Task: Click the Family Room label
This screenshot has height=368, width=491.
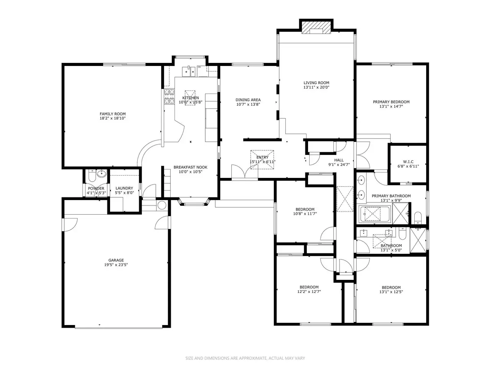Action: [x=112, y=114]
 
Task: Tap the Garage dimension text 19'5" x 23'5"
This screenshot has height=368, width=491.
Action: [x=116, y=265]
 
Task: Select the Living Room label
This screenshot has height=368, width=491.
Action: [x=316, y=83]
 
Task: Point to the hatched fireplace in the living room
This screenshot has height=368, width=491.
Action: [x=316, y=27]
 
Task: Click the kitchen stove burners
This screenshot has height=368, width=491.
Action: [x=169, y=96]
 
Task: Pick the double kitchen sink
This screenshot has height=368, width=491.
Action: [x=189, y=71]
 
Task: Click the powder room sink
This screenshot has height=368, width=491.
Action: [x=102, y=173]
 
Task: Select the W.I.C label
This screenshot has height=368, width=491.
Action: [x=408, y=161]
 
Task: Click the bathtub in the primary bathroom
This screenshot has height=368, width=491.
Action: [x=374, y=214]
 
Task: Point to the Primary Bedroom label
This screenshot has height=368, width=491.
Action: [x=391, y=102]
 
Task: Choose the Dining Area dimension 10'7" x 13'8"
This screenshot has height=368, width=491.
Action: [x=248, y=104]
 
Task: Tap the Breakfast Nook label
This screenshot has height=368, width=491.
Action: [x=190, y=167]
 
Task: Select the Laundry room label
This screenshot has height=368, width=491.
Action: [x=124, y=188]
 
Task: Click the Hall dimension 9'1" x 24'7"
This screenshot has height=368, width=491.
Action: [x=339, y=165]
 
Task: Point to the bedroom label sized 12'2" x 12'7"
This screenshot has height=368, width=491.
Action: [x=309, y=287]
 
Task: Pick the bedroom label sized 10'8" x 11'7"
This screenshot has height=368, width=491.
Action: [x=305, y=209]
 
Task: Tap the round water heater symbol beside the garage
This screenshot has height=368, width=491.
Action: [x=162, y=205]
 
